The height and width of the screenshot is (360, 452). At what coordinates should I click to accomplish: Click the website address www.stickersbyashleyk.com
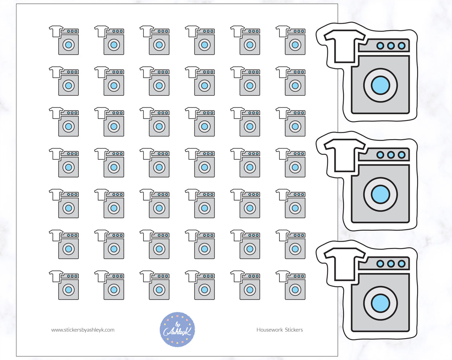pos(83,330)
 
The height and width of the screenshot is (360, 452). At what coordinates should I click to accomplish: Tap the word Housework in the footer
pos(270,330)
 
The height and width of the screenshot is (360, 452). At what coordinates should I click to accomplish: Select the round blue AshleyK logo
pos(177,329)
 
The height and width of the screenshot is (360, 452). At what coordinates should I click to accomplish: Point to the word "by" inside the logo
pos(178,325)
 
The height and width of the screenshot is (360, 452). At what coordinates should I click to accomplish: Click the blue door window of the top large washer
pos(380,85)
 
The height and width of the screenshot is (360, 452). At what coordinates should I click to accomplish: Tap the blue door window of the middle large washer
pos(380,195)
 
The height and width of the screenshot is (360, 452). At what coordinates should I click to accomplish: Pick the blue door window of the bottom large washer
pos(380,303)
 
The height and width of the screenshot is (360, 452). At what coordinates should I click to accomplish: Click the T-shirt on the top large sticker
pos(344,46)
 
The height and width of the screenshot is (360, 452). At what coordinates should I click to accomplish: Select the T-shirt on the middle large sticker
pos(344,155)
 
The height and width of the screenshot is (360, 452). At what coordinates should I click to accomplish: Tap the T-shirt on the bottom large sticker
pos(344,264)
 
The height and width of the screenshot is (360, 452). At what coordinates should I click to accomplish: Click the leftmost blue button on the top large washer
pos(380,46)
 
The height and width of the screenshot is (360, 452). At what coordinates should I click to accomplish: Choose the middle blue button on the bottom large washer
pos(391,263)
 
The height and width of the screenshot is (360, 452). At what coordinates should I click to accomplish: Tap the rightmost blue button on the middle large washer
pos(402,155)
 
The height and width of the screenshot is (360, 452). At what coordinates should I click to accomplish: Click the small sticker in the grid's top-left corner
pos(64,40)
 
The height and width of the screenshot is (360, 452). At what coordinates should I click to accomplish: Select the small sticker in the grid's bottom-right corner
pos(290,285)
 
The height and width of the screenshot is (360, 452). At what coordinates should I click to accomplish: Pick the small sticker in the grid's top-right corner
pos(290,40)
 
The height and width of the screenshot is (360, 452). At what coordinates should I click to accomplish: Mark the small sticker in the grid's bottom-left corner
pos(64,285)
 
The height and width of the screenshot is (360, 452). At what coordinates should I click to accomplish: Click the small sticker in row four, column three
pos(154,163)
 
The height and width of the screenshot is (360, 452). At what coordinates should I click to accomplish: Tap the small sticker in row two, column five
pos(245,81)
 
